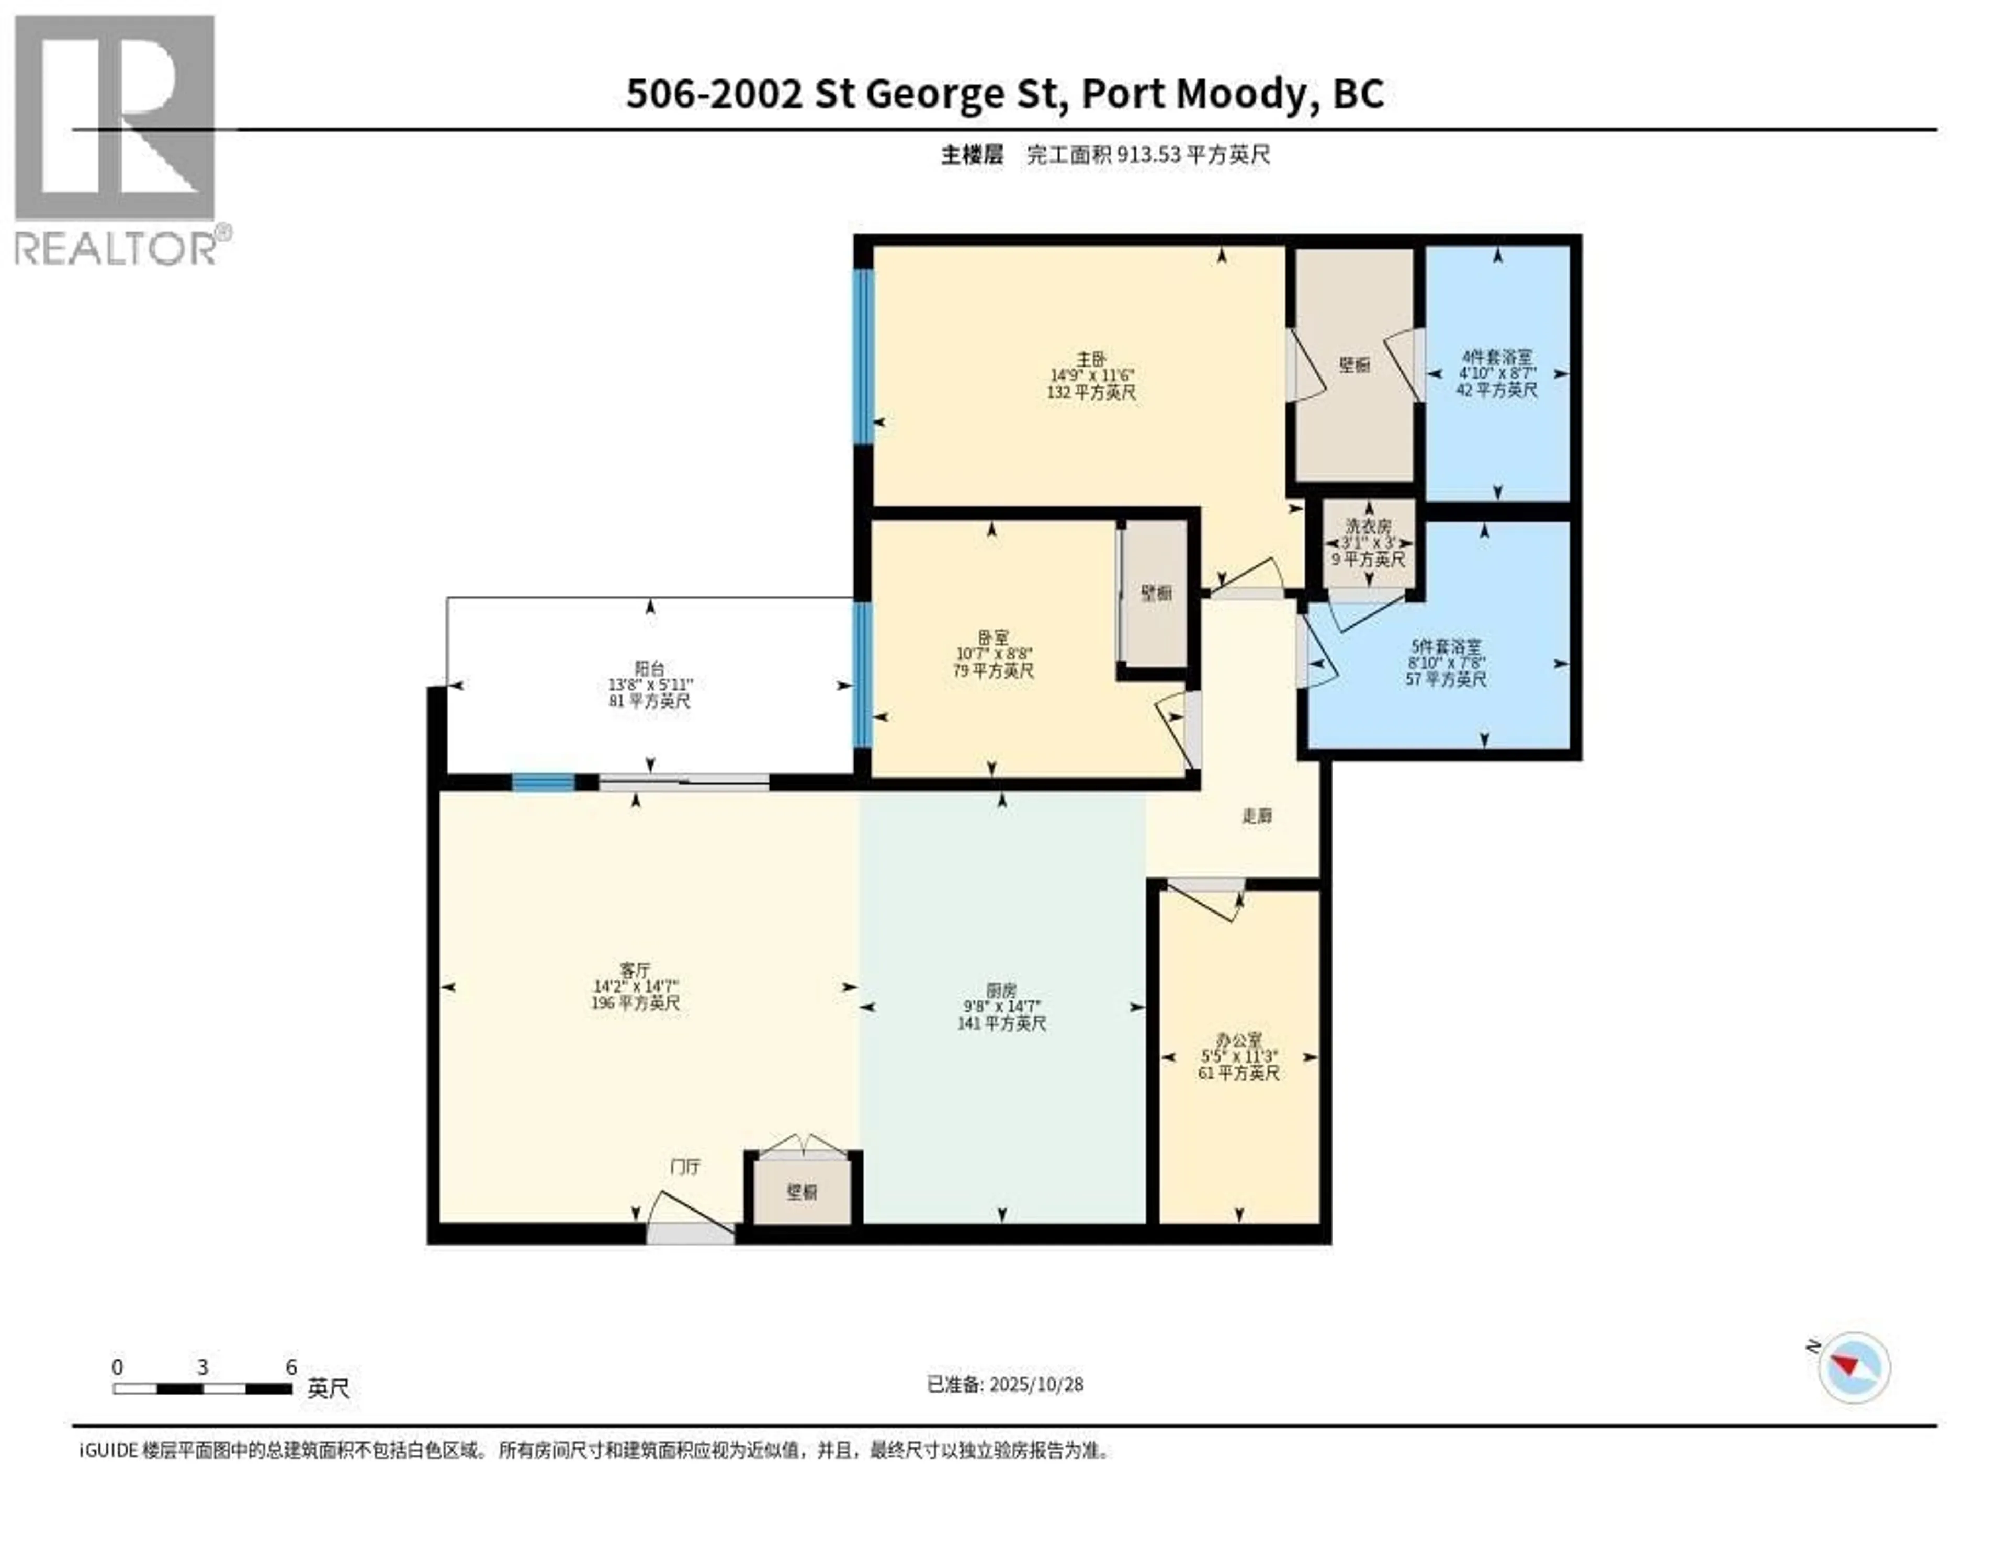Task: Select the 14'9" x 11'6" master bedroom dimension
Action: pos(1092,375)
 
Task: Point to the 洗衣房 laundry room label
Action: pos(1369,526)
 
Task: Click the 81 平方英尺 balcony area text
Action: pos(649,701)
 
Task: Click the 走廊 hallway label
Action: pos(1258,815)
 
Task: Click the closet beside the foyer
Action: pos(802,1192)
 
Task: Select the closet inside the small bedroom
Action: pos(1156,594)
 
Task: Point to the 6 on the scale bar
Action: pos(291,1367)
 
